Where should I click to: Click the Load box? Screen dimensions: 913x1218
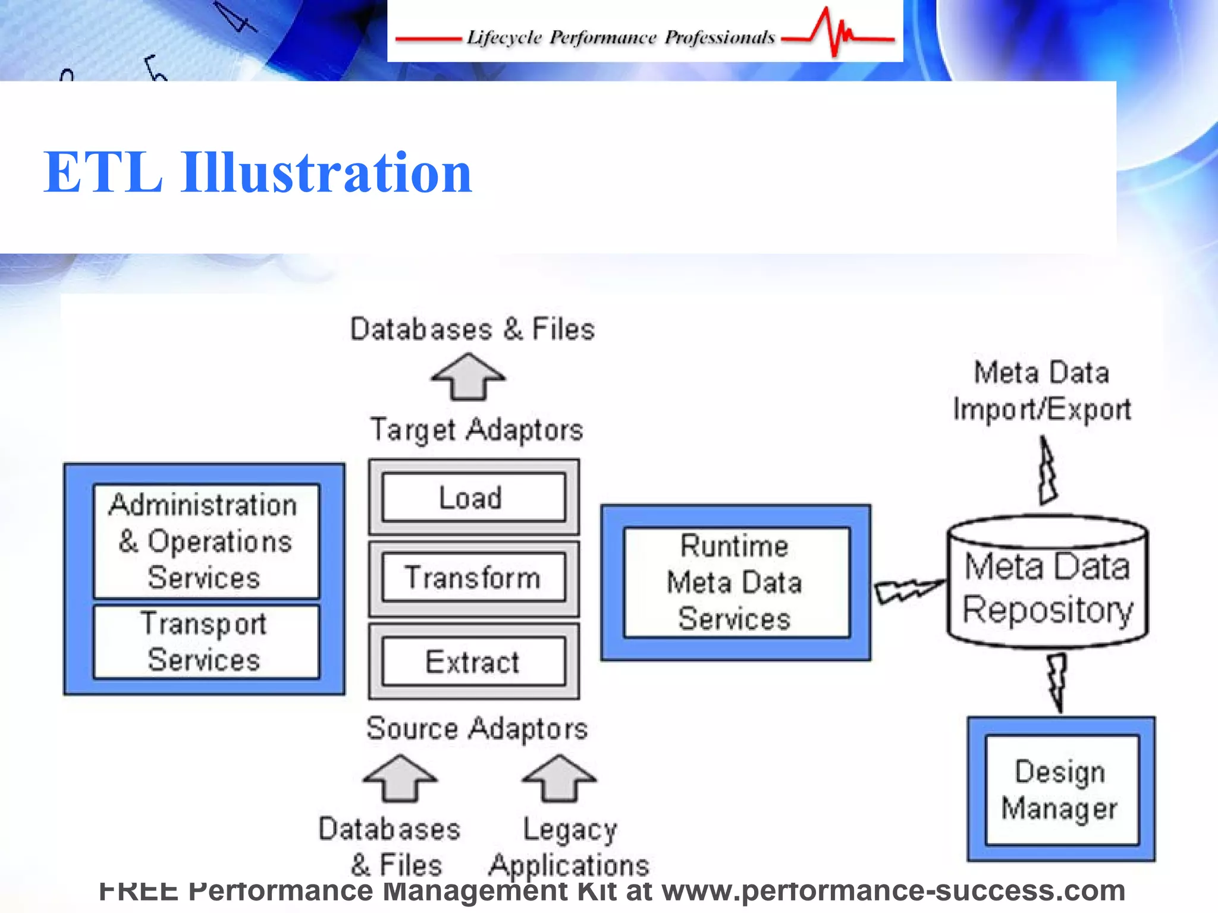click(473, 498)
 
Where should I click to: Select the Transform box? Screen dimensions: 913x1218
click(473, 578)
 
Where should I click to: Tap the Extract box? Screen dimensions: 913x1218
click(473, 662)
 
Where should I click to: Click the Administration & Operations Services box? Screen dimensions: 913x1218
click(206, 541)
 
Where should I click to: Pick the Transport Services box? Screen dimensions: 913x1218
click(206, 642)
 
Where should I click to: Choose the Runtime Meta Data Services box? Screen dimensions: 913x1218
click(736, 583)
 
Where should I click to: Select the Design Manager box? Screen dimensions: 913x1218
click(1061, 789)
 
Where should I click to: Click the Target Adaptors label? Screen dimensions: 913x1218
click(476, 430)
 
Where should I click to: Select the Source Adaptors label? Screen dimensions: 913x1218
click(477, 729)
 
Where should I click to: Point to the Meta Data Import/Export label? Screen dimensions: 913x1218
click(1042, 391)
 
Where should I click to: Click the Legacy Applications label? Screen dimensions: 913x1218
click(569, 847)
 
